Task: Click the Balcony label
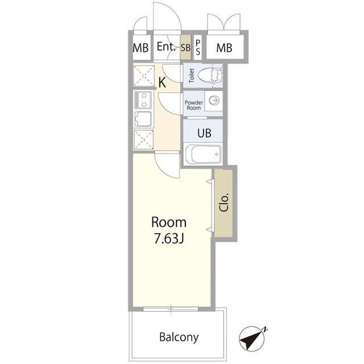179,337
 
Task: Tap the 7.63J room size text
169,238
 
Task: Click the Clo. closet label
224,202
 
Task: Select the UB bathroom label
204,133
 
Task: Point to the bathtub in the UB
203,154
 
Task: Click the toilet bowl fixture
210,75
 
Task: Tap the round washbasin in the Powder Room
214,101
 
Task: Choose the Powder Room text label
194,105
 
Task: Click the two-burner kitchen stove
143,100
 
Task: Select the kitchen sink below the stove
143,119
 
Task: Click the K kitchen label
162,82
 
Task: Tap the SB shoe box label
185,48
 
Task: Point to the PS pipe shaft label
198,47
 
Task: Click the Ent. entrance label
166,47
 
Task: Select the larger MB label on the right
224,48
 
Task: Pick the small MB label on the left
140,48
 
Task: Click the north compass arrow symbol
253,338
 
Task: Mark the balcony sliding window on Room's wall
171,309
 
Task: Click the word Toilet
192,76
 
